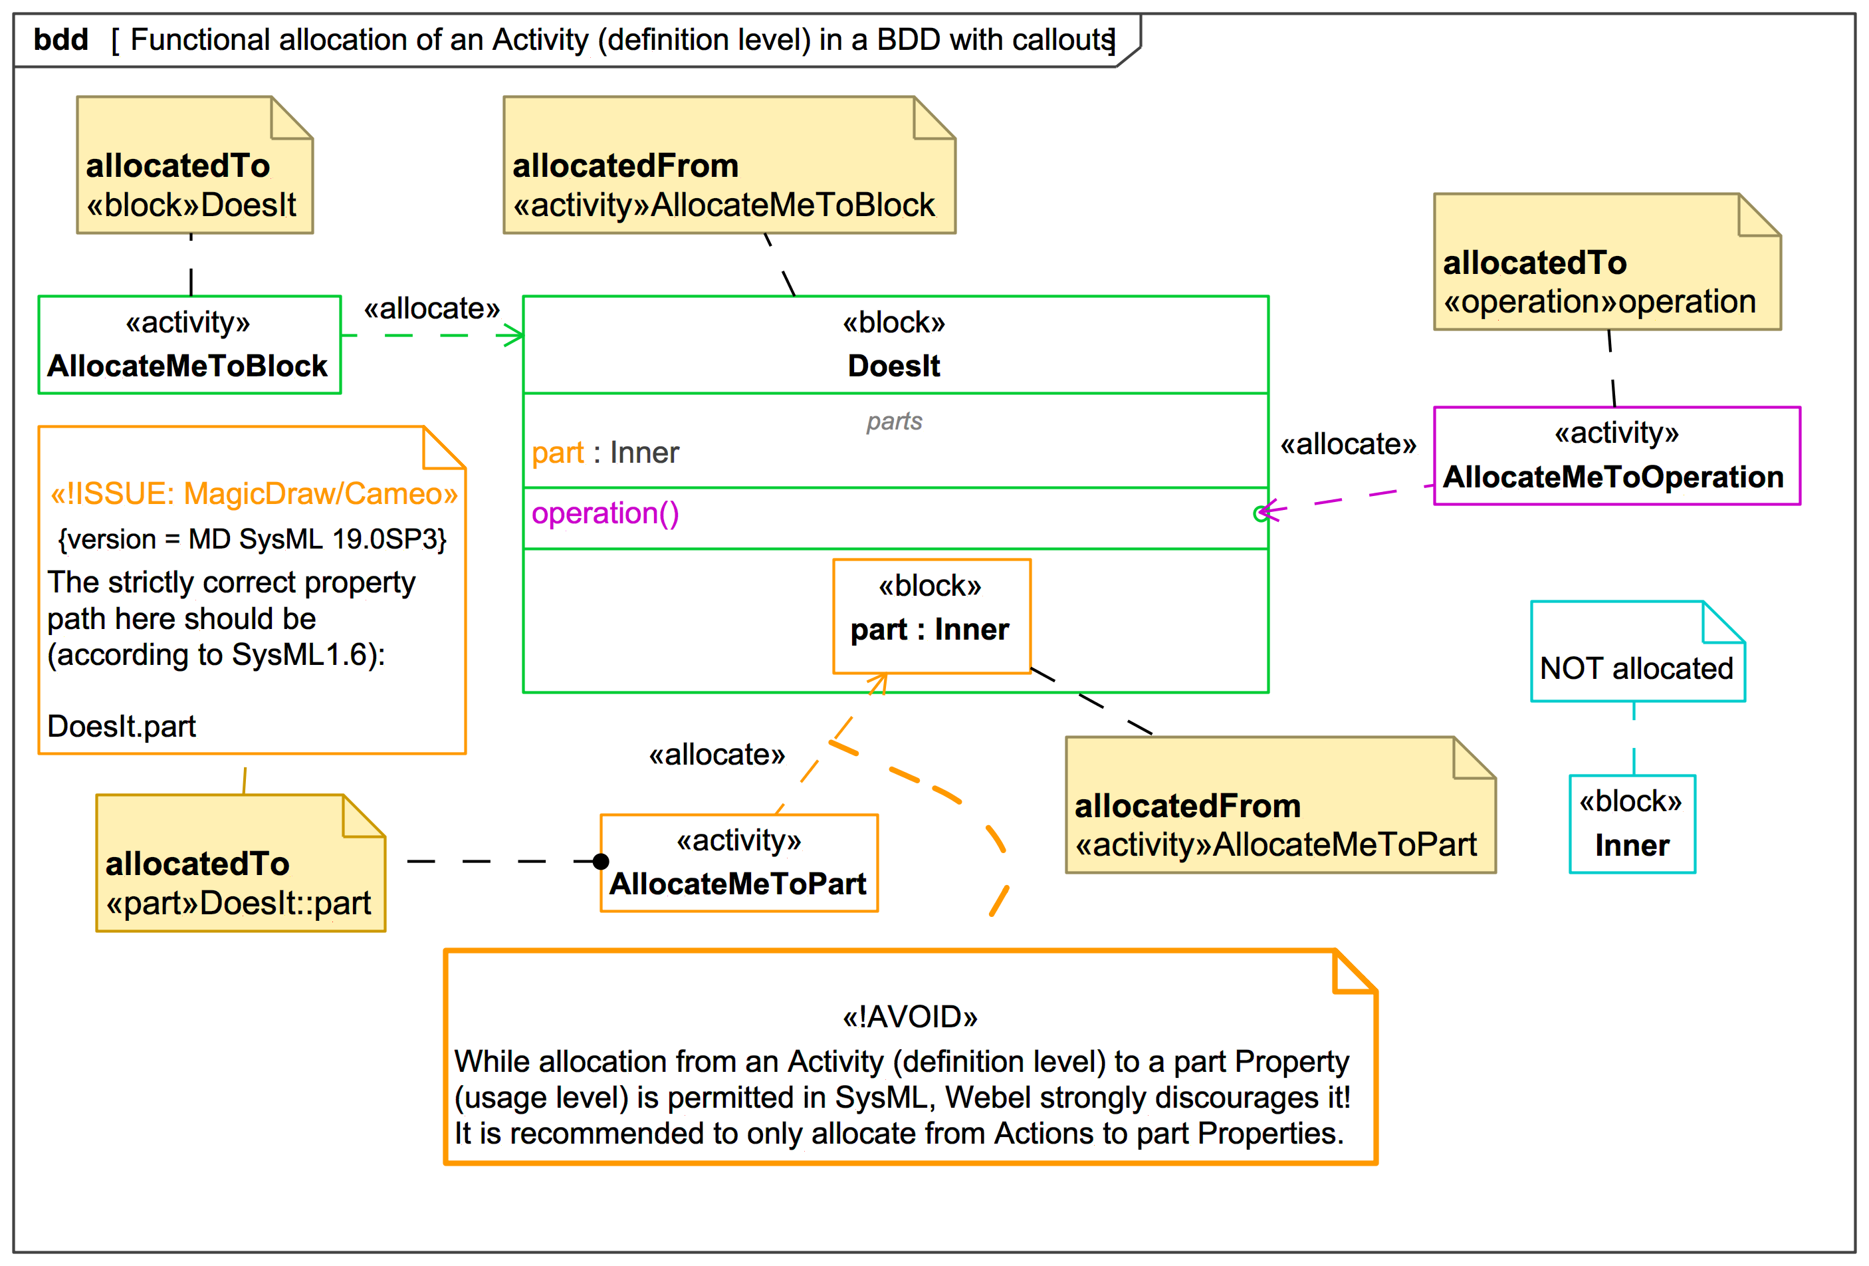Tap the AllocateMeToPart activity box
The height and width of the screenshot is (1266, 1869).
pyautogui.click(x=738, y=862)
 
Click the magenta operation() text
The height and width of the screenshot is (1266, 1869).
pyautogui.click(x=605, y=513)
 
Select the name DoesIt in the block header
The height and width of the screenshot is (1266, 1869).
pyautogui.click(x=893, y=366)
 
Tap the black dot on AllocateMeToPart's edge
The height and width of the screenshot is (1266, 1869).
pyautogui.click(x=601, y=862)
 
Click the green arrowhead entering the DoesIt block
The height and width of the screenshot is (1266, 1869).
pyautogui.click(x=513, y=335)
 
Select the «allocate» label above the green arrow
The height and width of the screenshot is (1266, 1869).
pyautogui.click(x=432, y=308)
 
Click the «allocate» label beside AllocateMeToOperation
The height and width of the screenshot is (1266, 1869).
pyautogui.click(x=1347, y=444)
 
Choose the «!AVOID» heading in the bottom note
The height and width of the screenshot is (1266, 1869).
pyautogui.click(x=909, y=1017)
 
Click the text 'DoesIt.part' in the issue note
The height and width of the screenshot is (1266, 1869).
pyautogui.click(x=122, y=726)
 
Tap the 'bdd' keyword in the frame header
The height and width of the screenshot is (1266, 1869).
pyautogui.click(x=61, y=39)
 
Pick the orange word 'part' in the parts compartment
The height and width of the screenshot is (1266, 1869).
pyautogui.click(x=558, y=453)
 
